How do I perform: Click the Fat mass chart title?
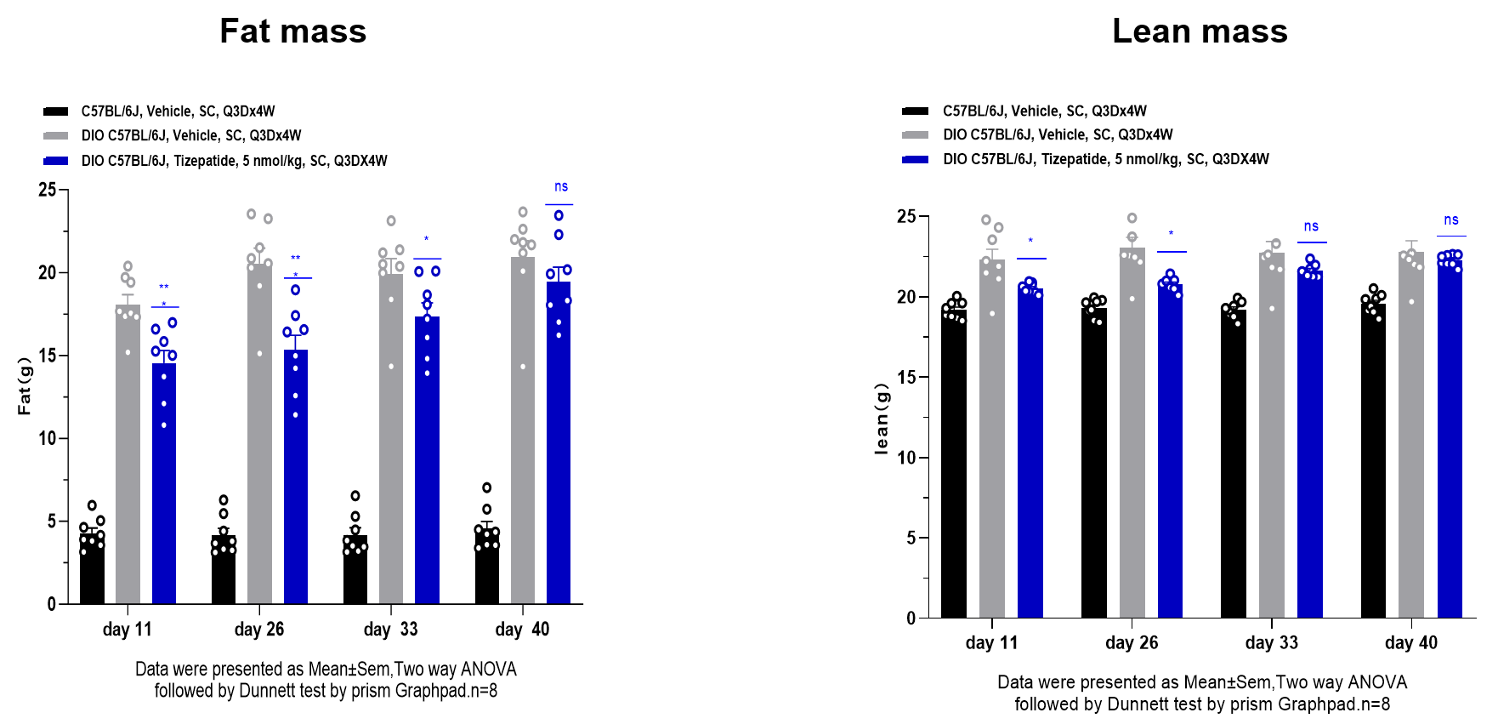(x=292, y=31)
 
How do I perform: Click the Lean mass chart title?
(x=1200, y=31)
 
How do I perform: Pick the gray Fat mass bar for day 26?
(x=259, y=442)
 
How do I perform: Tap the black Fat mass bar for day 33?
(x=355, y=572)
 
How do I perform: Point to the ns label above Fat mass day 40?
(x=561, y=187)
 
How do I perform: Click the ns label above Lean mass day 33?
(x=1311, y=226)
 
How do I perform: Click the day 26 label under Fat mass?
(x=259, y=630)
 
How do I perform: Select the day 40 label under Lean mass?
(x=1410, y=643)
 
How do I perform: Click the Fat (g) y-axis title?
(x=25, y=386)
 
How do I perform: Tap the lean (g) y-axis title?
(x=882, y=419)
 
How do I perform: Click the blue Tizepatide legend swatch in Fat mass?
(x=56, y=161)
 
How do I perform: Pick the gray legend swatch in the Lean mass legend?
(x=915, y=135)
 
